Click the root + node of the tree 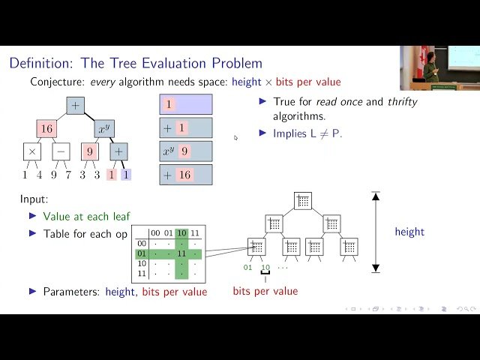pos(75,106)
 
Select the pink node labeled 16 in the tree pos(46,129)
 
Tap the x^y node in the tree pos(104,129)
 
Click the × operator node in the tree pos(32,151)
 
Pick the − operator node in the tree pos(61,151)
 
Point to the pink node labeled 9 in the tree pos(90,151)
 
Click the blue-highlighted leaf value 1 pos(126,175)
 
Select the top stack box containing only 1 pos(186,104)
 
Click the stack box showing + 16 pos(186,175)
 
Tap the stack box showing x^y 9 pos(186,151)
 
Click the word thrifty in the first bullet pos(401,101)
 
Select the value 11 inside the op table pos(181,253)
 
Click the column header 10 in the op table pos(181,233)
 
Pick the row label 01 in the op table pos(141,253)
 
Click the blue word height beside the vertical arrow pos(409,232)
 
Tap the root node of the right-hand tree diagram pos(302,200)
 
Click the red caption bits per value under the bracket pos(265,291)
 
